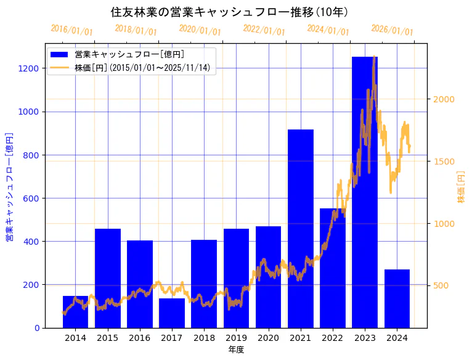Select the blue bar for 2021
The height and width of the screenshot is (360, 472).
pyautogui.click(x=301, y=229)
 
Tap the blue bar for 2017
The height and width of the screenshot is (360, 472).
pyautogui.click(x=172, y=313)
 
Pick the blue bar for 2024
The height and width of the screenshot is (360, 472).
pyautogui.click(x=397, y=298)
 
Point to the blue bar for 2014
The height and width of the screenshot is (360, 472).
pyautogui.click(x=75, y=312)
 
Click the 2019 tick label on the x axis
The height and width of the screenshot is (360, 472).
pyautogui.click(x=236, y=338)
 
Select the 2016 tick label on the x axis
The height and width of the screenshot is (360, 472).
pyautogui.click(x=140, y=338)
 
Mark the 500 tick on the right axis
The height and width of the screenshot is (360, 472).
pyautogui.click(x=441, y=285)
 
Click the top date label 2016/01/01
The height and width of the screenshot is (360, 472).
pyautogui.click(x=72, y=30)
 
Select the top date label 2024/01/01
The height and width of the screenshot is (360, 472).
pyautogui.click(x=328, y=30)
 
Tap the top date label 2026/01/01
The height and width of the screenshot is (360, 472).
pyautogui.click(x=392, y=30)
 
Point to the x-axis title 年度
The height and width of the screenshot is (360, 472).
pyautogui.click(x=236, y=350)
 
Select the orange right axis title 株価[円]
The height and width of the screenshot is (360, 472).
pyautogui.click(x=462, y=188)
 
